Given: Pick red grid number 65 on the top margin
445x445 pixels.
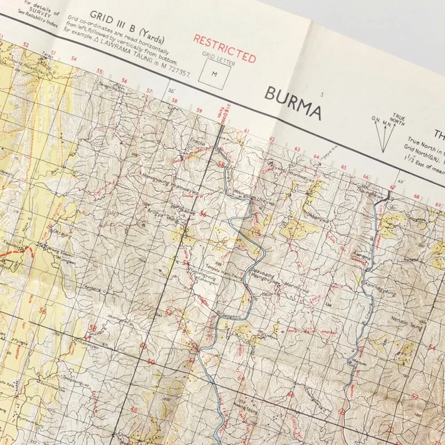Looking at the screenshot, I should pyautogui.click(x=344, y=168).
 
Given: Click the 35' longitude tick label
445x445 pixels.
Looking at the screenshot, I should pyautogui.click(x=172, y=90).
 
